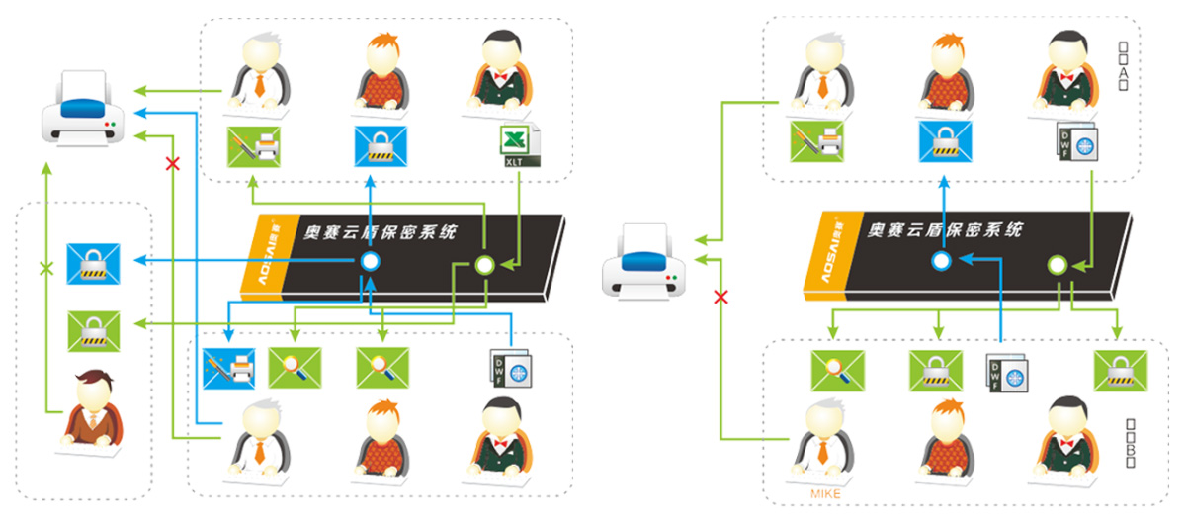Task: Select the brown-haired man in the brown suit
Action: [94, 409]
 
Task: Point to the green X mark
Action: [44, 268]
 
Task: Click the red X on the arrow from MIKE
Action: [721, 297]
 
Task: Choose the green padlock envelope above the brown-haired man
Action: [93, 329]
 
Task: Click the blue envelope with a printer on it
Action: [228, 368]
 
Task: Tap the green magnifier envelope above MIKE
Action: [837, 370]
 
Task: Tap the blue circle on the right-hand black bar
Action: [942, 261]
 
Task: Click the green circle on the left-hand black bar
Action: [483, 265]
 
